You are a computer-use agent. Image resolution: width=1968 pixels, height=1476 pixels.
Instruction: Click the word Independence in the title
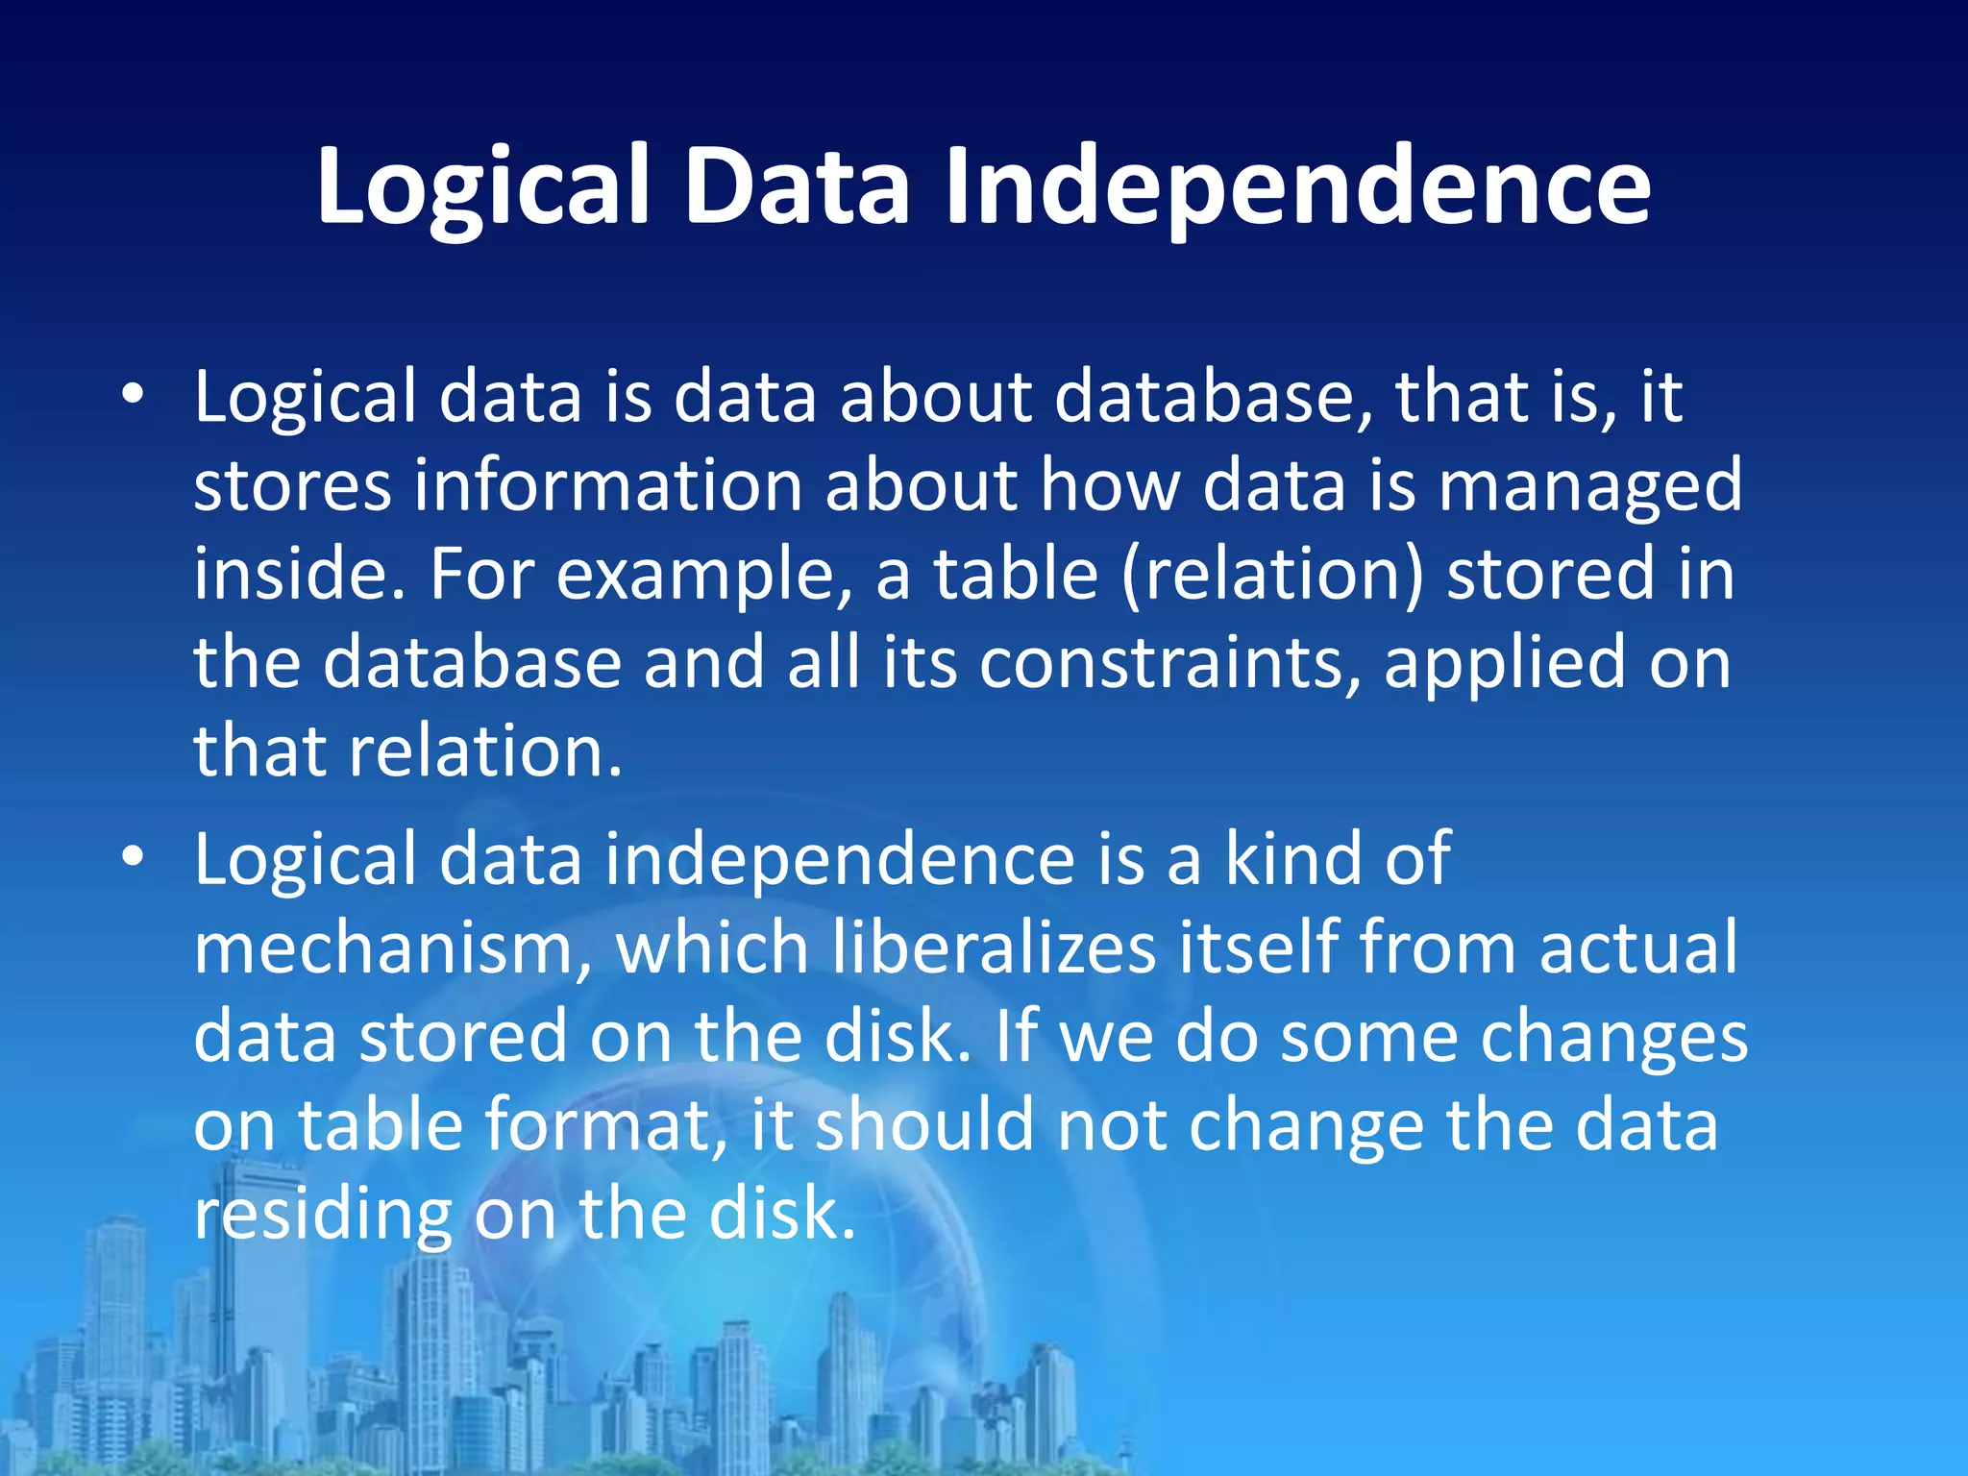coord(1297,187)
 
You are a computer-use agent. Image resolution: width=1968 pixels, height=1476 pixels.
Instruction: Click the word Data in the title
coord(797,187)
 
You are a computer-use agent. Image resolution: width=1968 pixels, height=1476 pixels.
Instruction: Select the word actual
coord(1638,947)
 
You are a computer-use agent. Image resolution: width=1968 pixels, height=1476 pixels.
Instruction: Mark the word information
coord(607,485)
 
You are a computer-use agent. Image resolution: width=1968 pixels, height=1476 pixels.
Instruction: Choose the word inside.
coord(299,575)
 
